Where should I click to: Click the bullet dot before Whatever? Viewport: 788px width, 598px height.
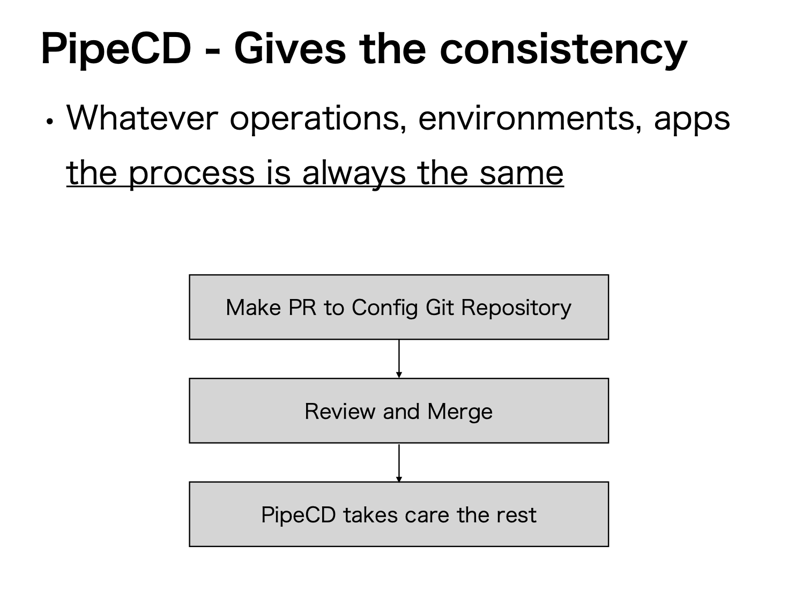pos(50,121)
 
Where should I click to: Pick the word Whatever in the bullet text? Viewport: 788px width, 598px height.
pos(142,118)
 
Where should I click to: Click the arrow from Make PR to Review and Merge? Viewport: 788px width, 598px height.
pos(399,358)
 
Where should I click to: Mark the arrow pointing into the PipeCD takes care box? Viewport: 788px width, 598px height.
pos(399,462)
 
